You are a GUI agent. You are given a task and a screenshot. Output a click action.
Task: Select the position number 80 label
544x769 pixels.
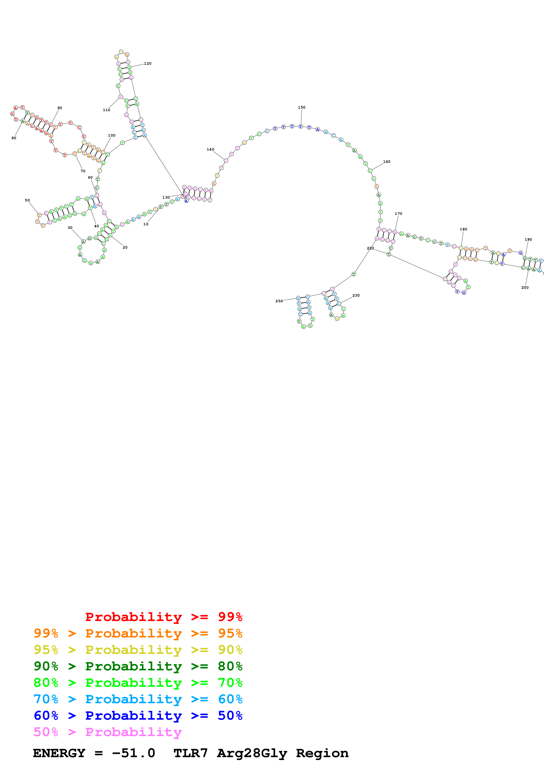pyautogui.click(x=14, y=138)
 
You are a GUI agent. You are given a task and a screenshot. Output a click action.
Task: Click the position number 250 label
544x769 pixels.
pyautogui.click(x=279, y=301)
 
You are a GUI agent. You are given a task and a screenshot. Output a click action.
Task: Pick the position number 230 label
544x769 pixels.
pyautogui.click(x=356, y=295)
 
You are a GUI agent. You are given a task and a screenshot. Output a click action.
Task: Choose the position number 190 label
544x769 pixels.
pyautogui.click(x=528, y=239)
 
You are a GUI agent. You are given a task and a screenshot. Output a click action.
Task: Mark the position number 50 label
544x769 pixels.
pyautogui.click(x=27, y=200)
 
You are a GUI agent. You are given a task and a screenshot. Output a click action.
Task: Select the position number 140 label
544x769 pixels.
pyautogui.click(x=210, y=149)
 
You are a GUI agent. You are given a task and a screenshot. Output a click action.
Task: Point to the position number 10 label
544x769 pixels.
pyautogui.click(x=145, y=224)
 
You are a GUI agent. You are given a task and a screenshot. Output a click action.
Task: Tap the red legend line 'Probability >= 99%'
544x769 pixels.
pyautogui.click(x=163, y=617)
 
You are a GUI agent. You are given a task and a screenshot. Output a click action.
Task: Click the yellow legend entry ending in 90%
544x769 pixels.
pyautogui.click(x=138, y=650)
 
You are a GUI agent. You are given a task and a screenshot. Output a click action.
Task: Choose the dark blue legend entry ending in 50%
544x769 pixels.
pyautogui.click(x=138, y=716)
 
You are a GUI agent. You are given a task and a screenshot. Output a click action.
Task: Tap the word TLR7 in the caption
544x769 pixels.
pyautogui.click(x=190, y=753)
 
